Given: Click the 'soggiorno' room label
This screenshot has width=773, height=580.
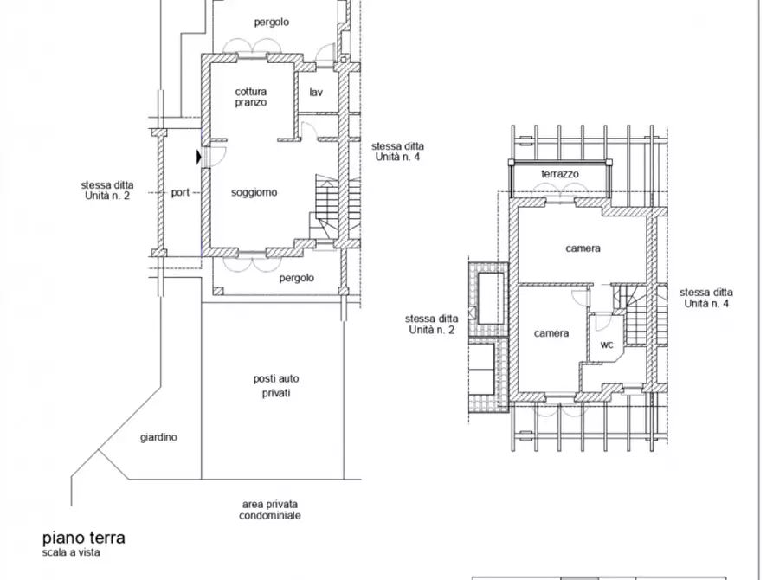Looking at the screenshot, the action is (x=254, y=193).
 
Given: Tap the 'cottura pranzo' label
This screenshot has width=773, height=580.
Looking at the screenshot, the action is (x=251, y=97).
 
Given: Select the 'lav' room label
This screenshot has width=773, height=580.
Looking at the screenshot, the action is (x=316, y=93).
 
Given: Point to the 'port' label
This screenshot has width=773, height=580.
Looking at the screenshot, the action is (x=180, y=192).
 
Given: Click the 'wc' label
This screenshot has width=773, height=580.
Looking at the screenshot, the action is (x=607, y=345).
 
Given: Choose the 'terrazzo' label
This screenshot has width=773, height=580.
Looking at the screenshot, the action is (x=560, y=174).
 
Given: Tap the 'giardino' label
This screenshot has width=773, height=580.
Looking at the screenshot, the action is (x=158, y=437).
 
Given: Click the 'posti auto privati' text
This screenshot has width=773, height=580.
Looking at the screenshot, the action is (x=276, y=386).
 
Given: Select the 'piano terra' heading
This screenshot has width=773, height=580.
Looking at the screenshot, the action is (x=84, y=538).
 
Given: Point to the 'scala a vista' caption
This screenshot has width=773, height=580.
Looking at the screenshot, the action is (x=71, y=552).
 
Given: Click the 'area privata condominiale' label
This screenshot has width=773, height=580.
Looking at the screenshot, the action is (x=270, y=510).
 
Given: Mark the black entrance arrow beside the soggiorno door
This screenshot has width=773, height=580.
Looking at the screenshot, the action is (x=199, y=158).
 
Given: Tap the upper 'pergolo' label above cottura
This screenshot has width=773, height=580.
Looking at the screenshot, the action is (x=272, y=23).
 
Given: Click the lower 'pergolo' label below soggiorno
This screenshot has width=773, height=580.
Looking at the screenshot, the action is (x=297, y=278).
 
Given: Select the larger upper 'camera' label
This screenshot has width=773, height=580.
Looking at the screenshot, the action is (x=583, y=248).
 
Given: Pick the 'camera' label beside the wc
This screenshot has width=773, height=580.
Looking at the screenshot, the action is (x=551, y=333).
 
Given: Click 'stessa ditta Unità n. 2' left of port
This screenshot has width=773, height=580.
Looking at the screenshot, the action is (x=107, y=190).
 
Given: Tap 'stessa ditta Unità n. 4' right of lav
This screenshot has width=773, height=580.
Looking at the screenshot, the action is (x=398, y=151).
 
